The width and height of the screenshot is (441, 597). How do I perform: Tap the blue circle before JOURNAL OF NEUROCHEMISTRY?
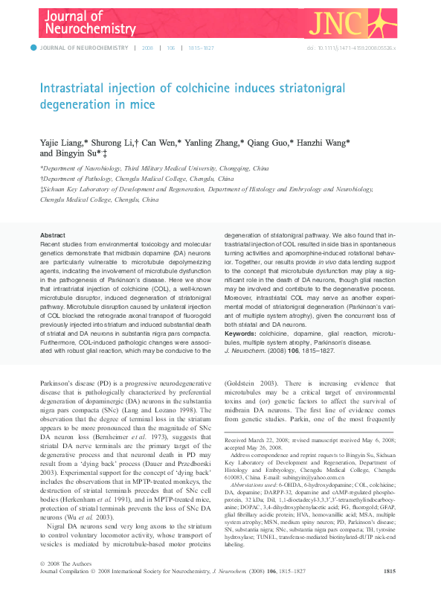(33, 48)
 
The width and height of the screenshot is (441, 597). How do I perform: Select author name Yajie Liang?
(62, 142)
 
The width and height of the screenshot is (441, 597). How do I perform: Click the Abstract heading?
(53, 234)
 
